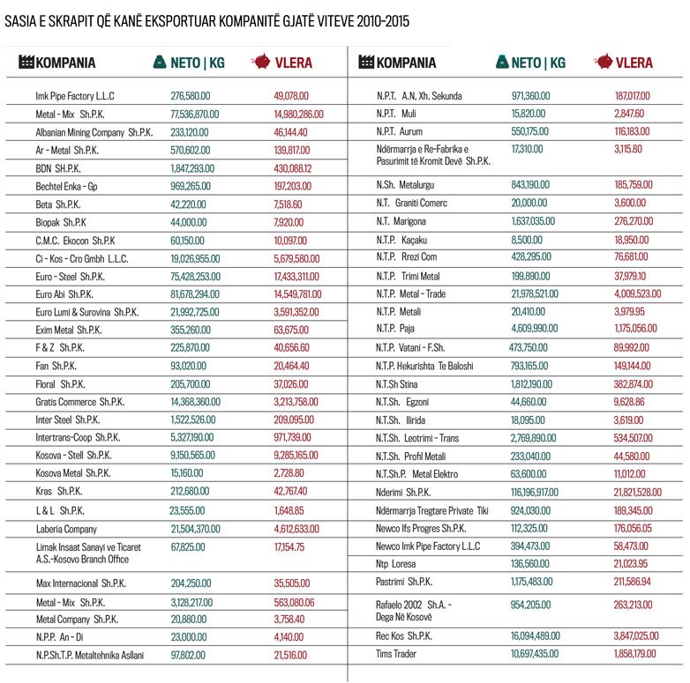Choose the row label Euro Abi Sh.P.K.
[x=64, y=293]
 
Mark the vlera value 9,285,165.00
[x=296, y=455]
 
